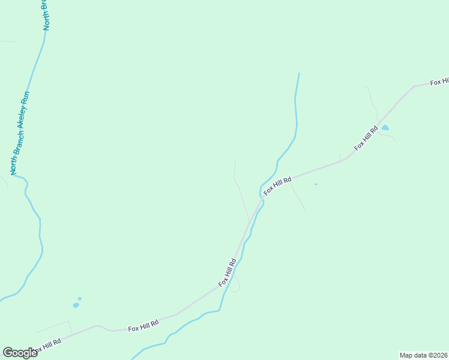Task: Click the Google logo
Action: [19, 353]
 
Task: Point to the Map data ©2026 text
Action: [423, 355]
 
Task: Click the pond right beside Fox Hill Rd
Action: [385, 128]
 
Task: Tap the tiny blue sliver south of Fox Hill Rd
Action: [316, 184]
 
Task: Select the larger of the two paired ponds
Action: [76, 305]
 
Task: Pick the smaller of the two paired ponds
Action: [80, 298]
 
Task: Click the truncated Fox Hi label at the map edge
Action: [439, 82]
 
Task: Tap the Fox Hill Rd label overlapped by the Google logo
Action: [48, 346]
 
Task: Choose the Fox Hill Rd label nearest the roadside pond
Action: [366, 138]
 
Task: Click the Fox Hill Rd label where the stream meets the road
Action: [277, 185]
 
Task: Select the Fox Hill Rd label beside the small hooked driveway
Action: [228, 272]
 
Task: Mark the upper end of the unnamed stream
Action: [299, 74]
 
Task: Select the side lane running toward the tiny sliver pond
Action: [299, 199]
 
